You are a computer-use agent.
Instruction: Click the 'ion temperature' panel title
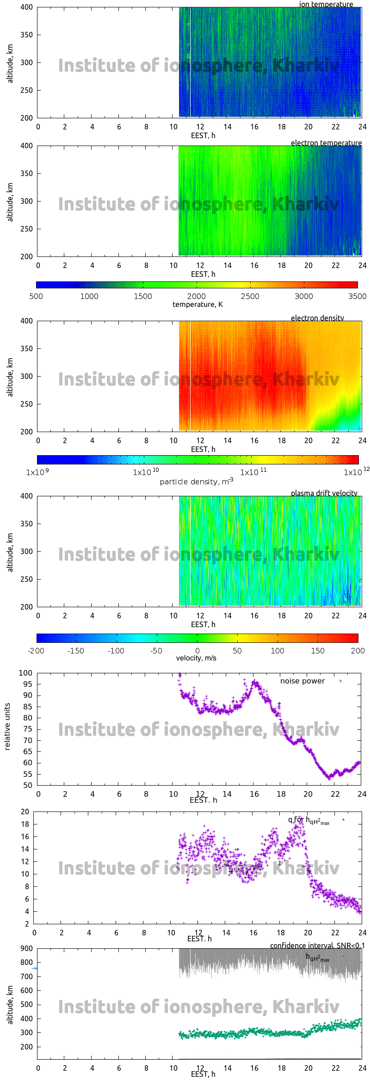[326, 5]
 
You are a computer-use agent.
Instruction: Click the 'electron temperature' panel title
[326, 143]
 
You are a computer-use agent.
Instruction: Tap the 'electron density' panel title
[317, 318]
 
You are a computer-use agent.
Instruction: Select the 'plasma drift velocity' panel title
[324, 493]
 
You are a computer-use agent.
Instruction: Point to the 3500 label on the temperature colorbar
[357, 296]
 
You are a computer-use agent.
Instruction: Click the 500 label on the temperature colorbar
[36, 296]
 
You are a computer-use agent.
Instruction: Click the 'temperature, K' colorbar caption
[197, 304]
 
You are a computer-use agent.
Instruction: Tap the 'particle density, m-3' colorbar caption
[197, 482]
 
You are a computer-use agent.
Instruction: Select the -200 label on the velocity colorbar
[36, 651]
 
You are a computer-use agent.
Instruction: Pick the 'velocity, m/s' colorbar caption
[196, 658]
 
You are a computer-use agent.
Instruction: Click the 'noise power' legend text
[302, 681]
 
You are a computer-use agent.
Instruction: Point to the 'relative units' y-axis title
[7, 726]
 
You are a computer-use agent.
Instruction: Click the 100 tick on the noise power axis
[26, 673]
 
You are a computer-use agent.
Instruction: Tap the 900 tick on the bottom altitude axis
[27, 948]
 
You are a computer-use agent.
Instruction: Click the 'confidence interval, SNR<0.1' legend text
[317, 946]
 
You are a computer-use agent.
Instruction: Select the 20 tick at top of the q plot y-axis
[25, 812]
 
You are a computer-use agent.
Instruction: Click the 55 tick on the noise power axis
[28, 774]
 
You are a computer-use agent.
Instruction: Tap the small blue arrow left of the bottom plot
[35, 968]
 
